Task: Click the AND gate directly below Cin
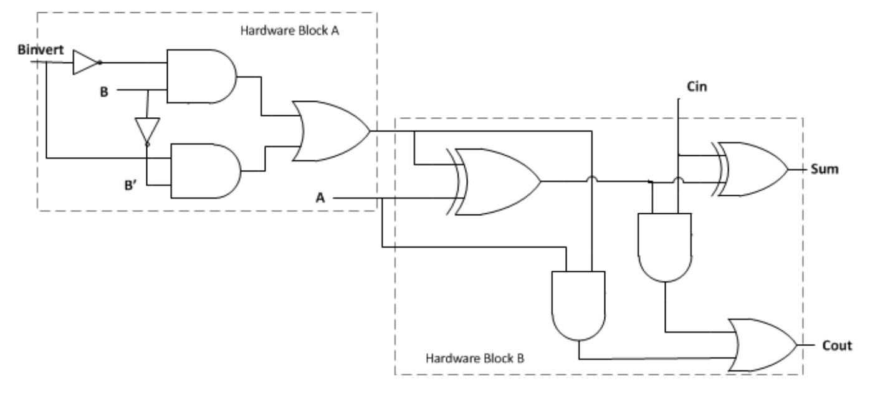665,248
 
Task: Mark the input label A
321,199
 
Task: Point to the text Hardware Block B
475,359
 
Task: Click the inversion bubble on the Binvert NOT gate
101,63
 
